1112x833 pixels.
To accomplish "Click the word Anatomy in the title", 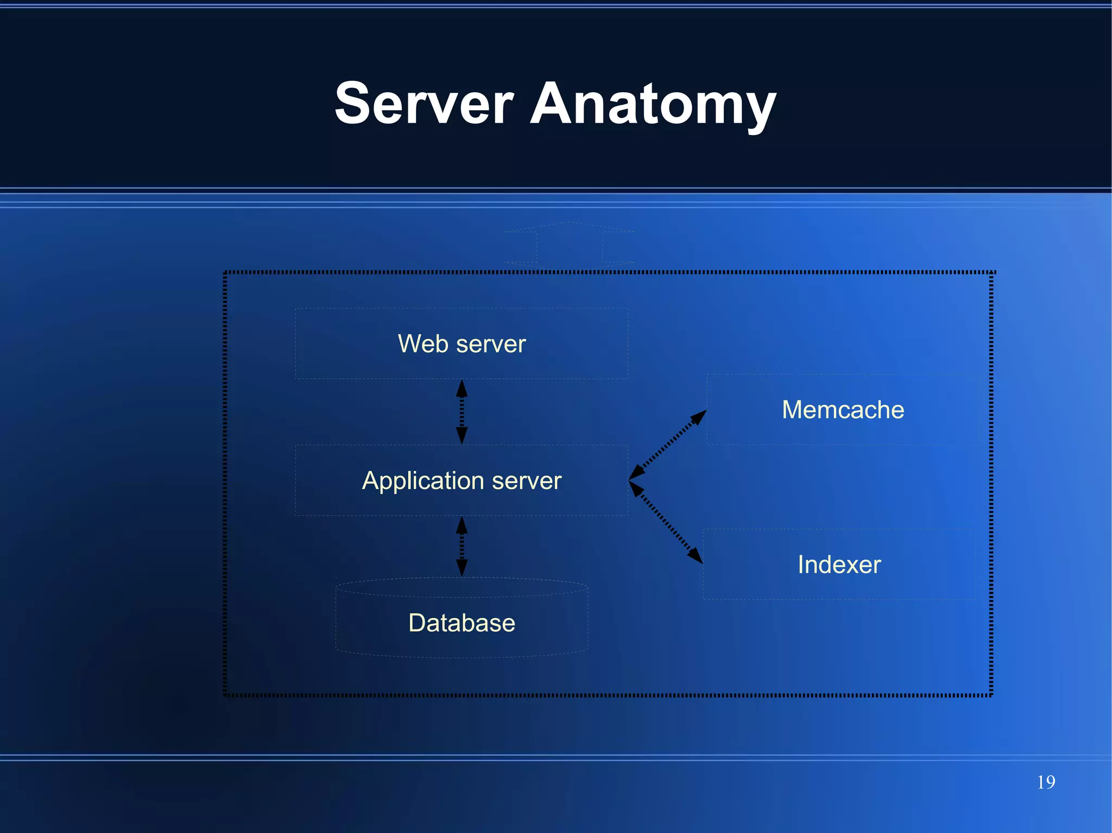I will coord(653,104).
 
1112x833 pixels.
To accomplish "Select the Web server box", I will coord(462,344).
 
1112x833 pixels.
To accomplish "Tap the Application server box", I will coord(462,480).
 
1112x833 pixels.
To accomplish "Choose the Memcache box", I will coord(843,410).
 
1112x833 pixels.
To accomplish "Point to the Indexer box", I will coord(839,564).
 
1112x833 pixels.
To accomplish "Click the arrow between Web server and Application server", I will coord(462,412).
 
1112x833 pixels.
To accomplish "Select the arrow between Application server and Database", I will coord(462,546).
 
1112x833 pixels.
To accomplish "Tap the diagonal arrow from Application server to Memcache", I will coord(668,445).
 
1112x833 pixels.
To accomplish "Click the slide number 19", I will coord(1046,782).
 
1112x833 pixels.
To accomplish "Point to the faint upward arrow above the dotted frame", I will coord(569,244).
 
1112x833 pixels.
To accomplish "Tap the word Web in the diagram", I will coord(424,344).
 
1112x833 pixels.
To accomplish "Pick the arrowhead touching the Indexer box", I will coord(696,556).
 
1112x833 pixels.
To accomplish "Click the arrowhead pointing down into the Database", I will coord(462,568).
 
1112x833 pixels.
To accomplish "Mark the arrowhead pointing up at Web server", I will coord(462,387).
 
